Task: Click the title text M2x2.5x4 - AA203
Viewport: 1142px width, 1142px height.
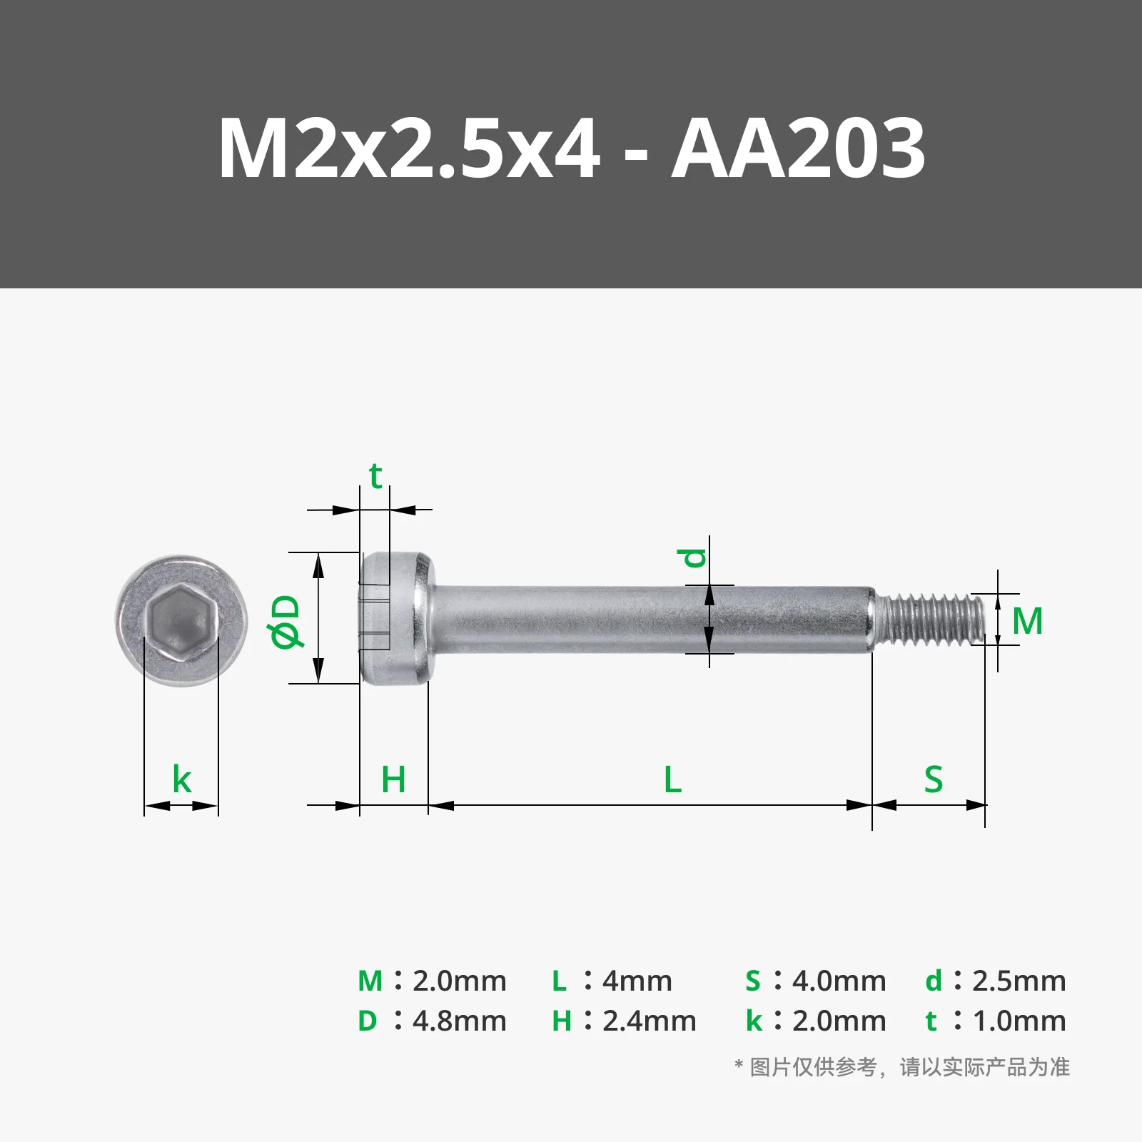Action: tap(571, 148)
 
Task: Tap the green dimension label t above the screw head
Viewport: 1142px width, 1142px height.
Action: tap(375, 476)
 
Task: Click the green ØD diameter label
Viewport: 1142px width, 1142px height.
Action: tap(287, 622)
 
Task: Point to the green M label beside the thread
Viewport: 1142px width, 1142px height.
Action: tap(1027, 621)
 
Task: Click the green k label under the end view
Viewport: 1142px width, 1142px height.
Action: tap(182, 779)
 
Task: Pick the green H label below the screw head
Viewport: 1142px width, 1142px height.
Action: tap(393, 779)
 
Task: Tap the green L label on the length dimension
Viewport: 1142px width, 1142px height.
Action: tap(672, 779)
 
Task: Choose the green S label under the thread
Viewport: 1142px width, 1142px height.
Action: tap(933, 779)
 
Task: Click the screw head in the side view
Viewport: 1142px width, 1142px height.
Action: tap(395, 618)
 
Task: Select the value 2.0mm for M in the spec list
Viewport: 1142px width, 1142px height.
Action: tap(460, 981)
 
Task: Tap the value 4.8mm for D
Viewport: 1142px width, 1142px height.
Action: tap(460, 1021)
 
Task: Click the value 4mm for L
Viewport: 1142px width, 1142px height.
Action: tap(637, 981)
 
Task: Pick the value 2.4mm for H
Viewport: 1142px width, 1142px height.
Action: tap(650, 1021)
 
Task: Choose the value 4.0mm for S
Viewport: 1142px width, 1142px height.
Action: tap(839, 981)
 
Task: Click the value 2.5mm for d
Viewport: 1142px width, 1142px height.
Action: tap(1019, 981)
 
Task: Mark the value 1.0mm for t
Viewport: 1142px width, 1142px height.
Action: tap(1019, 1021)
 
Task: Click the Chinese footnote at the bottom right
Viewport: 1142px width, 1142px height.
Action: tap(902, 1068)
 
